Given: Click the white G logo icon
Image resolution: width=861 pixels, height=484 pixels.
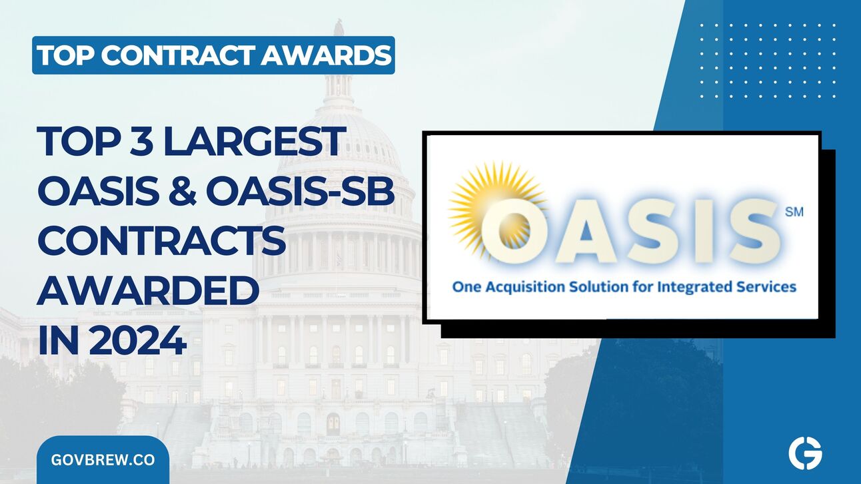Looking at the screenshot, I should click(x=805, y=454).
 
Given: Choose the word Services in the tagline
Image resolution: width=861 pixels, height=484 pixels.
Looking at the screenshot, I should click(x=762, y=287).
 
